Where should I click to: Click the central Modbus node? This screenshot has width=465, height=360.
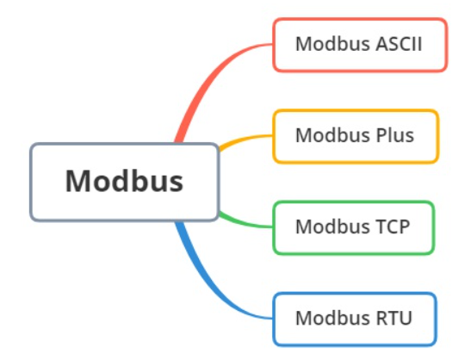click(x=125, y=182)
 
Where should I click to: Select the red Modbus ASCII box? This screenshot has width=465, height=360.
click(x=359, y=45)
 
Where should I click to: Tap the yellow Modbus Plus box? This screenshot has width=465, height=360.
click(x=355, y=136)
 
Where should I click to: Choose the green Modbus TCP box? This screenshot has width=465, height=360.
click(x=353, y=227)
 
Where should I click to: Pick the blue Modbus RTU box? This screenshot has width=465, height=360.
click(x=354, y=318)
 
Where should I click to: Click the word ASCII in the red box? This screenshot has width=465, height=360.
click(x=400, y=44)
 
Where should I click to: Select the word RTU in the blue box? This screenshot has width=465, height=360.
click(x=393, y=318)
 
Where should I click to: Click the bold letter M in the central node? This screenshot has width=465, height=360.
click(x=77, y=182)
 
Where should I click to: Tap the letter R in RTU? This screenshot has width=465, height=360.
click(x=381, y=318)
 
